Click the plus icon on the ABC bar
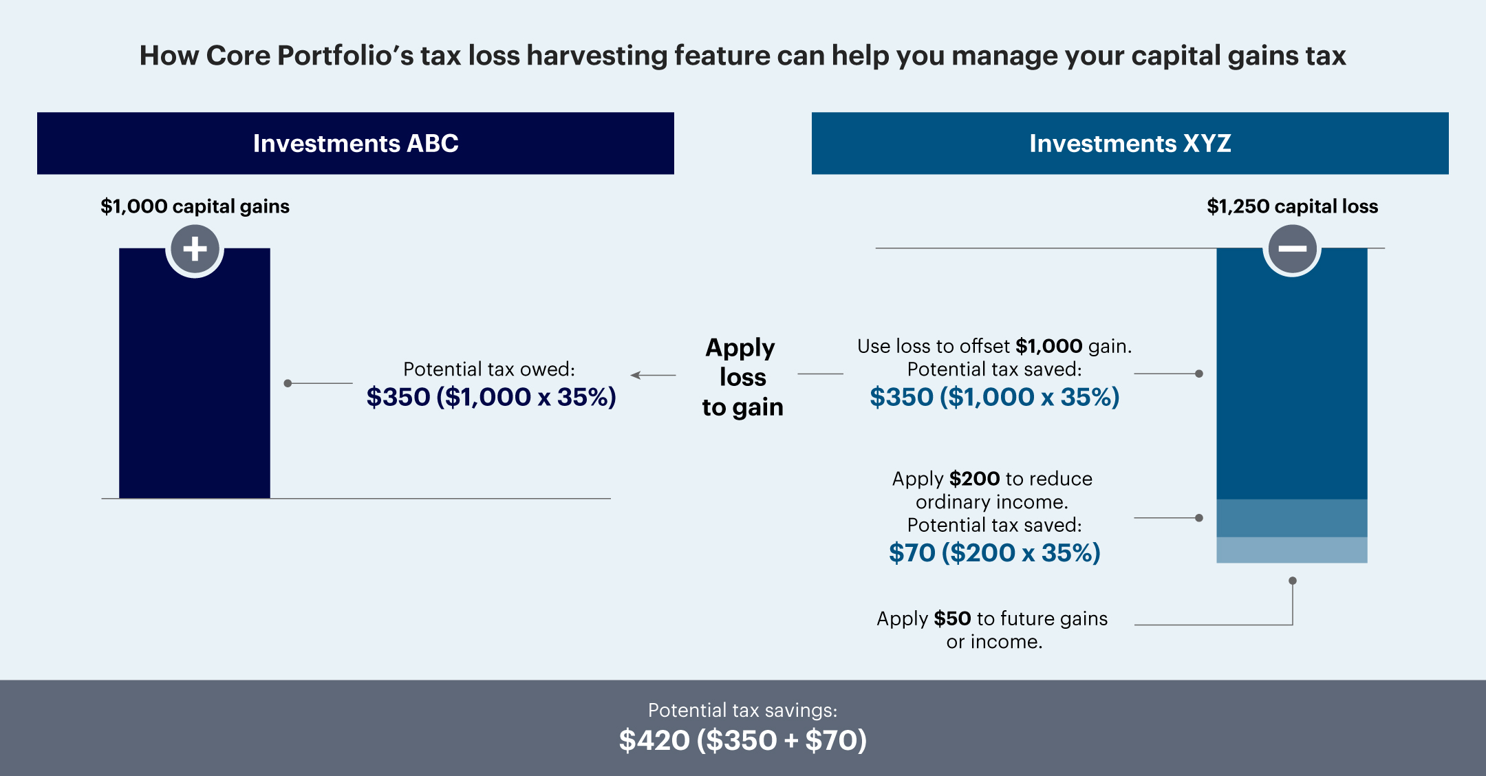pyautogui.click(x=195, y=248)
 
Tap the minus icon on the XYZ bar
pyautogui.click(x=1292, y=248)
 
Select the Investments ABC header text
pyautogui.click(x=355, y=143)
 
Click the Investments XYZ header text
pyautogui.click(x=1130, y=143)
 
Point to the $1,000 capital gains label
pyautogui.click(x=195, y=206)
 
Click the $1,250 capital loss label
pyautogui.click(x=1292, y=206)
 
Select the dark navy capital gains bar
pyautogui.click(x=195, y=385)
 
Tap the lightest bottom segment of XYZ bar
pyautogui.click(x=1291, y=550)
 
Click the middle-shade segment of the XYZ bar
pyautogui.click(x=1291, y=518)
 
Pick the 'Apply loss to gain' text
pyautogui.click(x=742, y=377)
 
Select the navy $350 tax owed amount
pyautogui.click(x=491, y=397)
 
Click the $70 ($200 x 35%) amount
pyautogui.click(x=994, y=552)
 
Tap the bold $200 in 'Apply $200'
pyautogui.click(x=974, y=479)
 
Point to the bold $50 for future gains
pyautogui.click(x=952, y=618)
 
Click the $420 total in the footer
pyautogui.click(x=654, y=740)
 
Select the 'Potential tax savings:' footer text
pyautogui.click(x=742, y=710)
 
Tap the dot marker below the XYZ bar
pyautogui.click(x=1293, y=581)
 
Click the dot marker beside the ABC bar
pyautogui.click(x=288, y=383)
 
